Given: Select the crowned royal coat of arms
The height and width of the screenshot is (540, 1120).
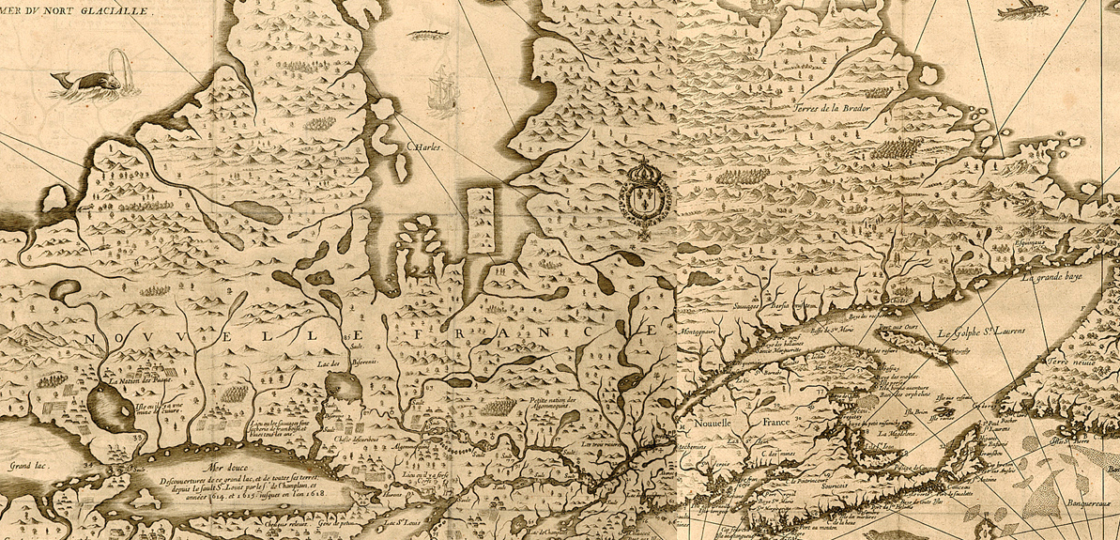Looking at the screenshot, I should click(644, 192).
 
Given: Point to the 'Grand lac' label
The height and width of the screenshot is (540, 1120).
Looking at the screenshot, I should click(28, 465).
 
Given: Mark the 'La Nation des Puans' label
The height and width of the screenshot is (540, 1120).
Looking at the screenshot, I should click(137, 382).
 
